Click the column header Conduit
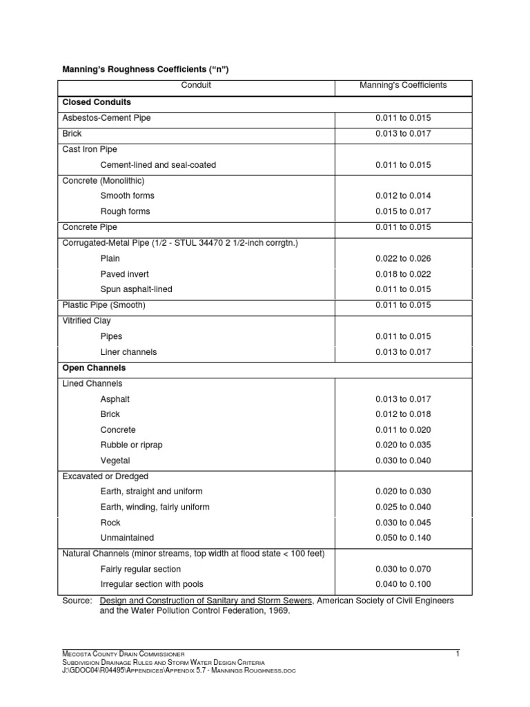pyautogui.click(x=196, y=86)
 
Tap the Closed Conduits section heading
pyautogui.click(x=97, y=102)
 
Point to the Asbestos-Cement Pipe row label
pyautogui.click(x=106, y=118)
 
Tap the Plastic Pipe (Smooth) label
pyautogui.click(x=104, y=305)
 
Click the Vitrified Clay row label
pyautogui.click(x=87, y=321)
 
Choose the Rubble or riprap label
pyautogui.click(x=131, y=445)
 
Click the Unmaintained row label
pyautogui.click(x=127, y=538)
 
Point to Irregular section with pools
pyautogui.click(x=152, y=584)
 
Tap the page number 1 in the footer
pyautogui.click(x=457, y=653)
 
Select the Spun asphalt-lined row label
pyautogui.click(x=136, y=289)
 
